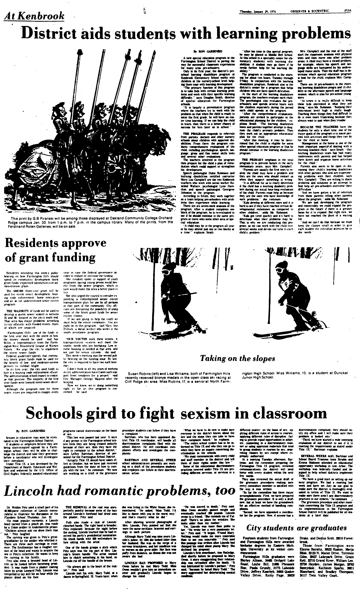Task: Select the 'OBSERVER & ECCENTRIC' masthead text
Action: [x=306, y=3]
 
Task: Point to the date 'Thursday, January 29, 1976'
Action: [x=258, y=3]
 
